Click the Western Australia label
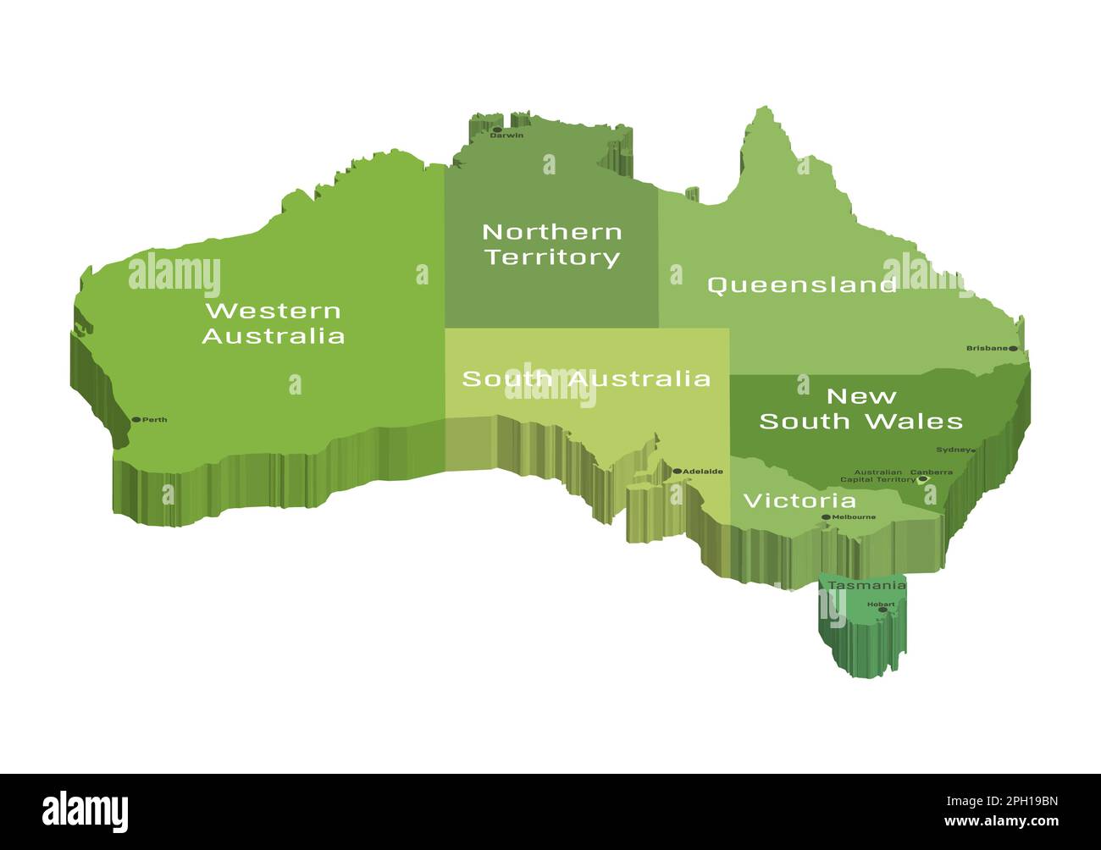coord(273,323)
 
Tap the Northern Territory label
coord(551,244)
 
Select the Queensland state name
coord(801,284)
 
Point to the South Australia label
coord(586,378)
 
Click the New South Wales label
coord(860,409)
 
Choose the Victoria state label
coord(799,500)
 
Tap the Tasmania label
coord(866,585)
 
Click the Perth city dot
coord(136,419)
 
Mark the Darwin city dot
coord(497,130)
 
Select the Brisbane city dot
coord(1013,348)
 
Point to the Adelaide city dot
coord(677,472)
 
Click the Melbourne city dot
coord(826,516)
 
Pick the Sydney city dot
coord(972,450)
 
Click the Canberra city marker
coord(922,479)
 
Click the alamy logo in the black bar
coord(86,810)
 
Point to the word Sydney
coord(952,450)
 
